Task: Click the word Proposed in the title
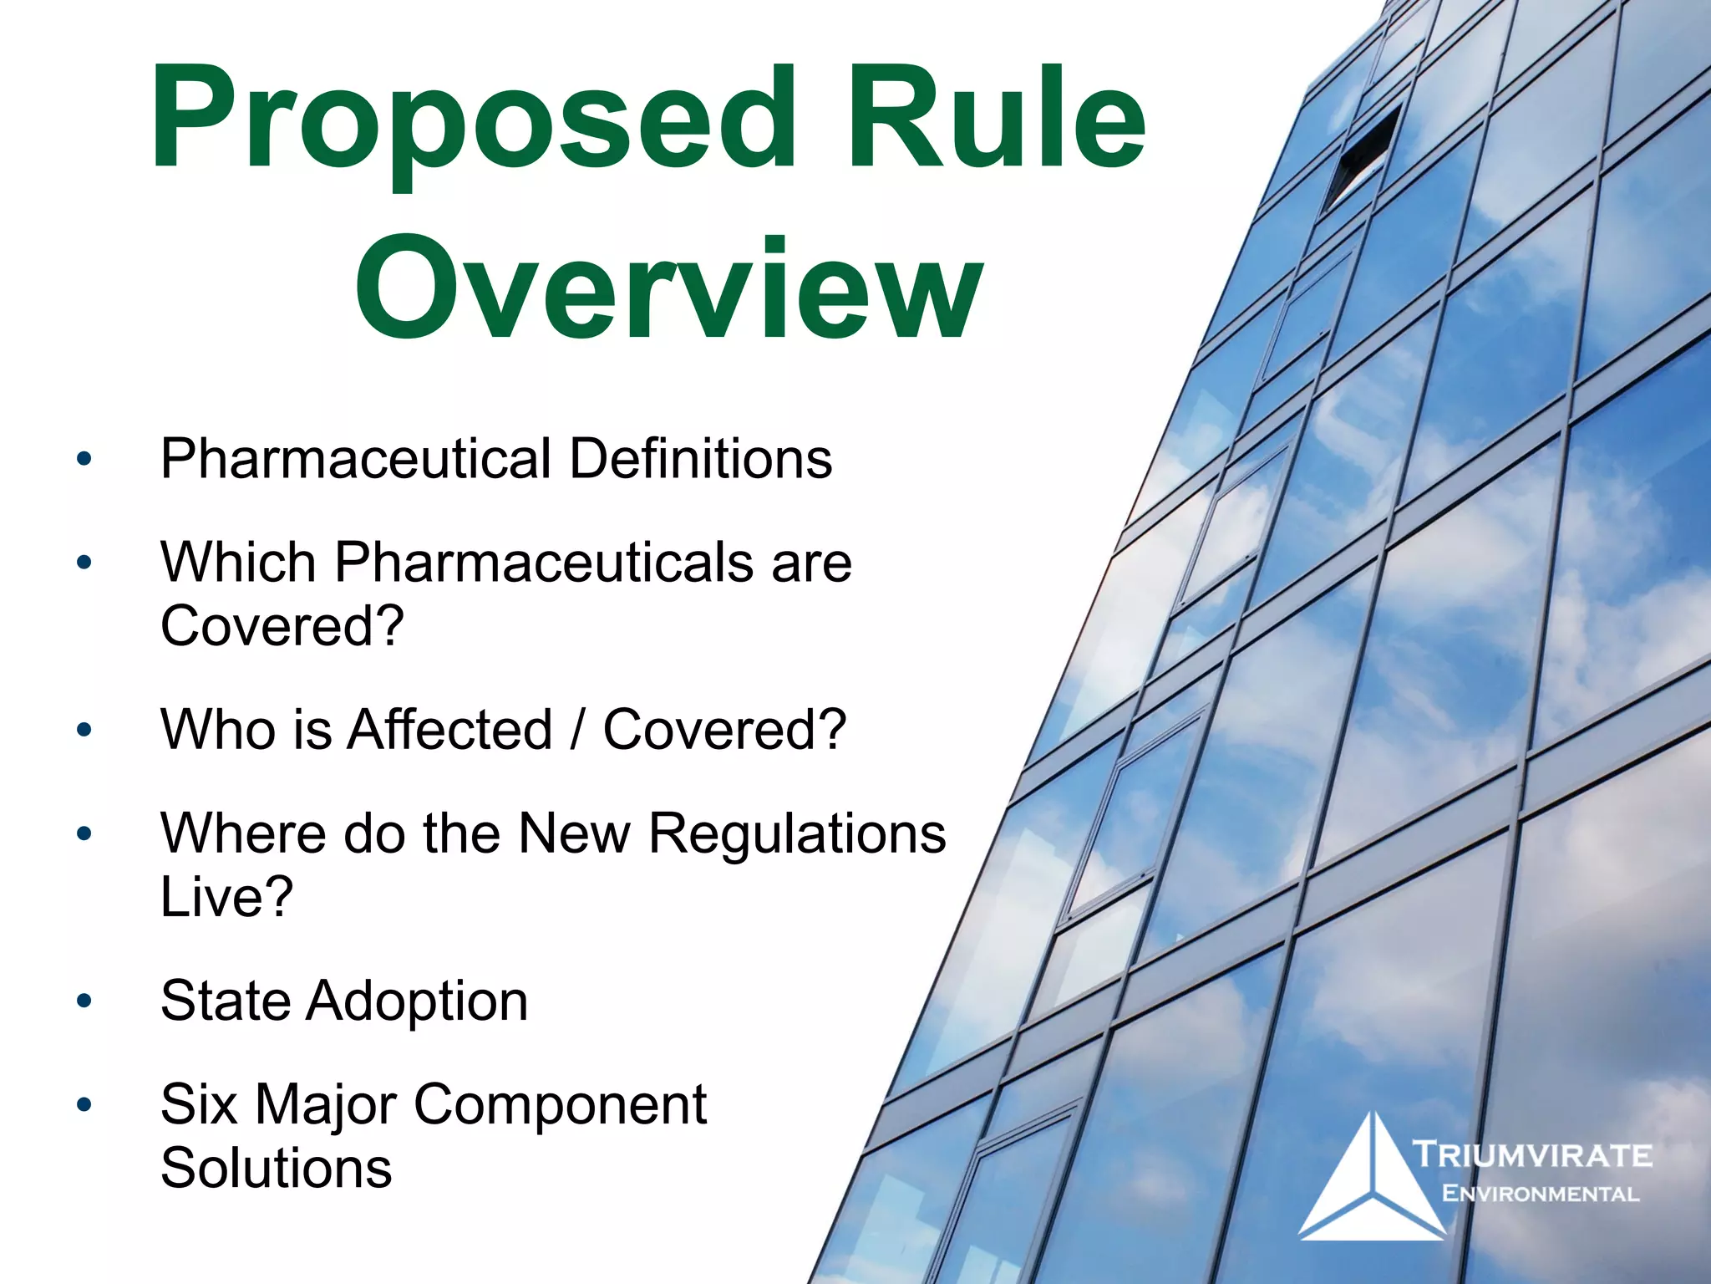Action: pyautogui.click(x=473, y=121)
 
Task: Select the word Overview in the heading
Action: pyautogui.click(x=668, y=288)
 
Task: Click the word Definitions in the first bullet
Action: pyautogui.click(x=701, y=459)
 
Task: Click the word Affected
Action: pyautogui.click(x=449, y=730)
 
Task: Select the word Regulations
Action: pyautogui.click(x=797, y=833)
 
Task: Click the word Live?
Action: pyautogui.click(x=226, y=897)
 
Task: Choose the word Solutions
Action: pyautogui.click(x=277, y=1168)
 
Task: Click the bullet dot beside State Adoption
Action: pyautogui.click(x=84, y=1001)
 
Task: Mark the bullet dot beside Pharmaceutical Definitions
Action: pyautogui.click(x=84, y=459)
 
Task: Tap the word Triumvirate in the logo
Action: pyautogui.click(x=1531, y=1156)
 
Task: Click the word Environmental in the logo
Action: pyautogui.click(x=1540, y=1194)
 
